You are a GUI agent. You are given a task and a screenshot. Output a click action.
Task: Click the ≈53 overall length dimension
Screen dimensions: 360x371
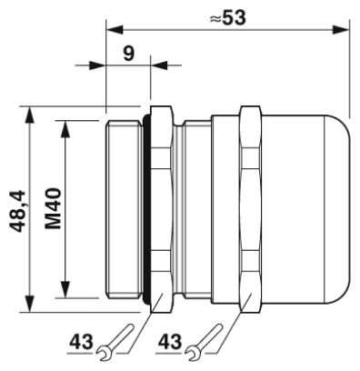(x=227, y=18)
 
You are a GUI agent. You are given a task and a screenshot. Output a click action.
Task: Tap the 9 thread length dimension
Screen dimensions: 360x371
(x=128, y=54)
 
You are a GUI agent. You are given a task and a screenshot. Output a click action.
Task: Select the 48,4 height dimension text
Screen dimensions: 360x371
(x=17, y=211)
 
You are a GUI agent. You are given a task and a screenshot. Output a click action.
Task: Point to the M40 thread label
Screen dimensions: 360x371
(x=54, y=208)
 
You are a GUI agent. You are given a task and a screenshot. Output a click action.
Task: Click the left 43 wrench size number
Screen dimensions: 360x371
(x=81, y=342)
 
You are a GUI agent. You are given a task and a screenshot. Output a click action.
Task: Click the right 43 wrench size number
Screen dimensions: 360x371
(x=170, y=342)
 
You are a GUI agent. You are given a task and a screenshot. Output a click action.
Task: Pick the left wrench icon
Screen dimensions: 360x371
(x=115, y=343)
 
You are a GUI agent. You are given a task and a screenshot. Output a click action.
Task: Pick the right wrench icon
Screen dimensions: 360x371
(x=204, y=343)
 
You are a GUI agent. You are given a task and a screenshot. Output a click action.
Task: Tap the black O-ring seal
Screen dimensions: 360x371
(x=146, y=209)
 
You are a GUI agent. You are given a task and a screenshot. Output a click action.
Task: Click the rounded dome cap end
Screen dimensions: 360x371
(x=336, y=209)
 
